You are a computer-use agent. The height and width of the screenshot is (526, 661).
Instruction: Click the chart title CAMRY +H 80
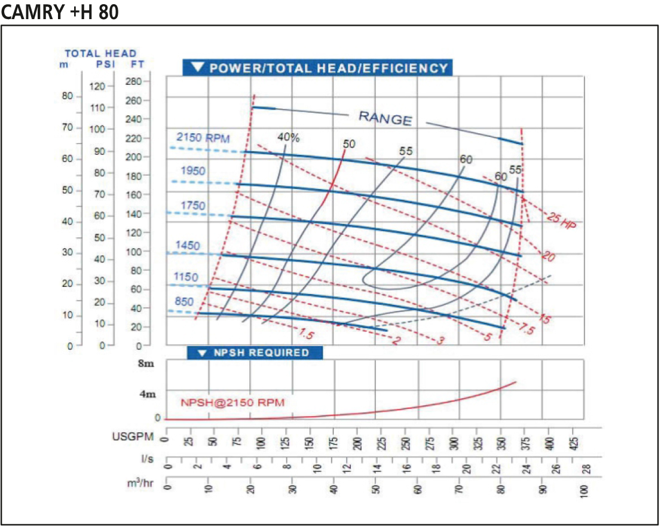[60, 12]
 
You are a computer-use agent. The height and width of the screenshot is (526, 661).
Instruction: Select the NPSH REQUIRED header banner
[255, 353]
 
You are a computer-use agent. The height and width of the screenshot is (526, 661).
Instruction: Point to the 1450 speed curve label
[188, 246]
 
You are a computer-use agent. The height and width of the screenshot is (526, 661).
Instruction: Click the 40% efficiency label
[289, 137]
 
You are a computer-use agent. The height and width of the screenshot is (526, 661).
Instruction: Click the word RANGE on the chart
[385, 118]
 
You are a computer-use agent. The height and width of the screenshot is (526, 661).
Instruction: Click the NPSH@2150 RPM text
[232, 402]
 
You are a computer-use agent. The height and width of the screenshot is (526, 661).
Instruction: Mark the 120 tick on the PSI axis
[98, 86]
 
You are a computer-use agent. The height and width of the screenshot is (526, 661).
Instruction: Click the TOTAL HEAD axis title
[100, 54]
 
